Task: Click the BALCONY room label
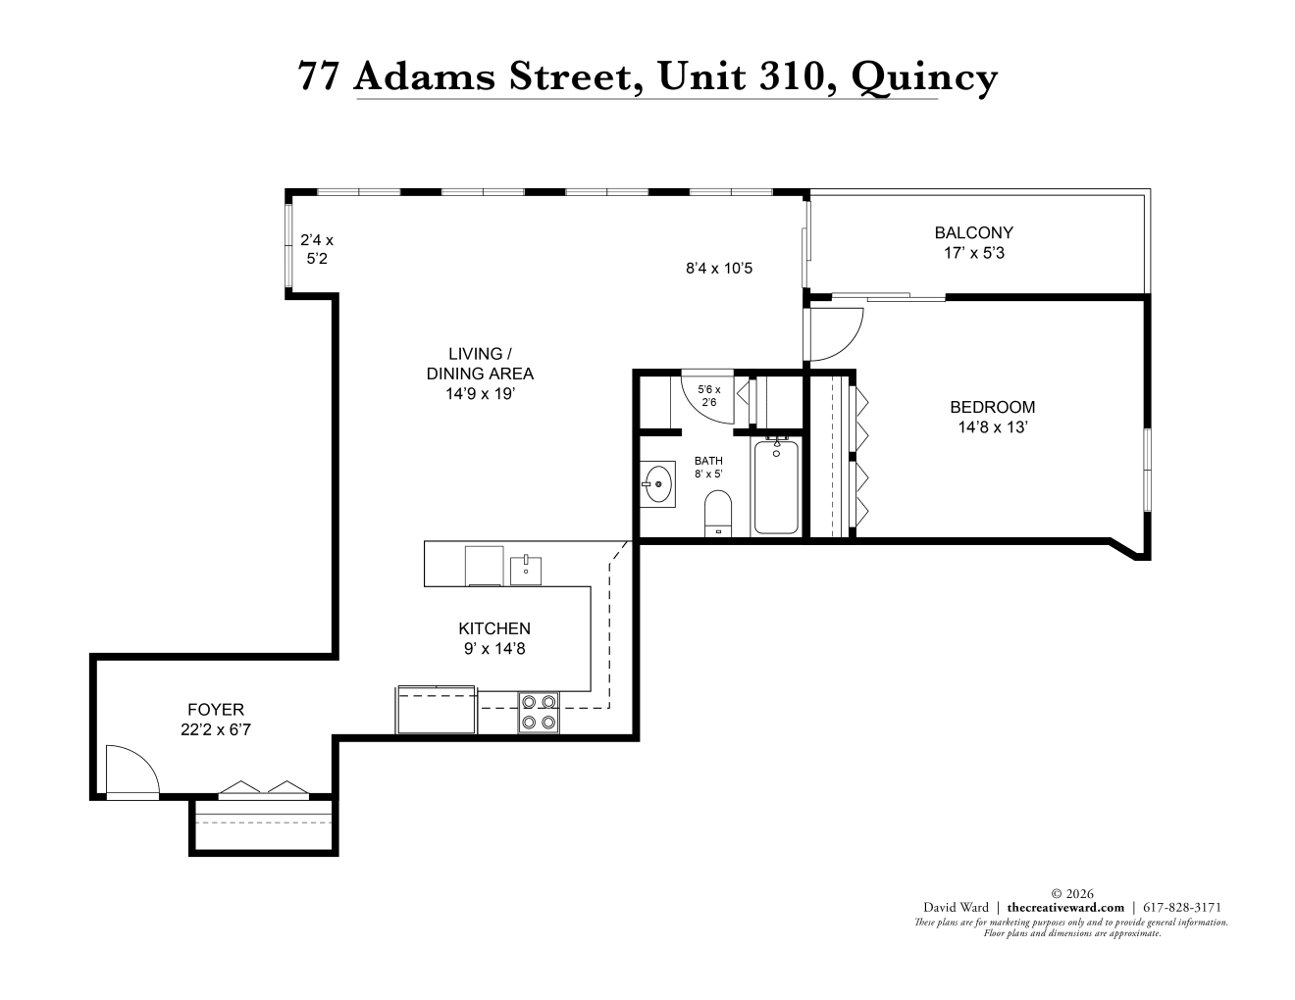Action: click(973, 232)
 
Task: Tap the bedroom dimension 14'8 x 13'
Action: click(992, 427)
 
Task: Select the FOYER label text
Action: click(216, 710)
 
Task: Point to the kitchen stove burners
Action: click(539, 713)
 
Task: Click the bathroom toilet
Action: click(717, 514)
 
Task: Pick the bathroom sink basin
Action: click(658, 484)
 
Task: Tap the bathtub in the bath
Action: click(776, 486)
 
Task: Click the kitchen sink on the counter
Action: click(526, 571)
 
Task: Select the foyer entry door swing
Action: click(132, 771)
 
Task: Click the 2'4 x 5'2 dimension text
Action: click(317, 249)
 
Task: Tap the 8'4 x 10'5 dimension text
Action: click(719, 268)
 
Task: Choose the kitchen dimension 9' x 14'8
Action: click(494, 648)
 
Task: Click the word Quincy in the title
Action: click(924, 77)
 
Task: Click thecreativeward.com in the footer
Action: click(1065, 907)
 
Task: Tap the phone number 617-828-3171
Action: click(1182, 907)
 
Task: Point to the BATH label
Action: click(708, 461)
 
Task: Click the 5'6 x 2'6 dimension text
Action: click(709, 395)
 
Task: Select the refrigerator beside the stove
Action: click(437, 710)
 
